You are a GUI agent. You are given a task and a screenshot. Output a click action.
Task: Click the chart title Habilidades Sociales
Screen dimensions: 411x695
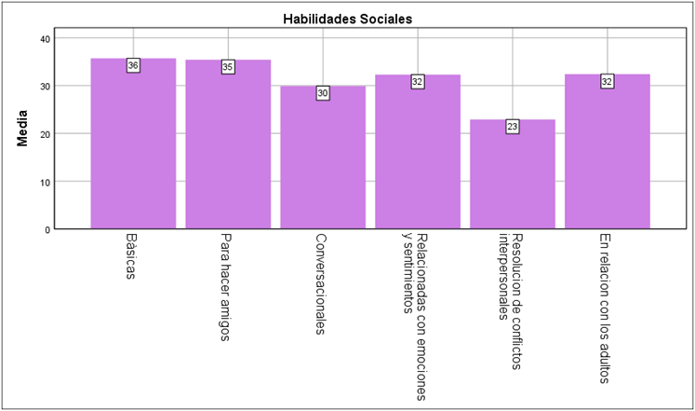tap(347, 18)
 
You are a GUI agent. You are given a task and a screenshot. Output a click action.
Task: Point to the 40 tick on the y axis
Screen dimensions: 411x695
tap(45, 38)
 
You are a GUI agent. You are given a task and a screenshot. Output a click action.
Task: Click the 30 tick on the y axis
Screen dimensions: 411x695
tap(45, 86)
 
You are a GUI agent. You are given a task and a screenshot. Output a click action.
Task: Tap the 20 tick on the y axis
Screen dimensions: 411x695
tap(45, 133)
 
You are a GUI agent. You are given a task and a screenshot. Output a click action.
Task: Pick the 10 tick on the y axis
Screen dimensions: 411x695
tap(45, 182)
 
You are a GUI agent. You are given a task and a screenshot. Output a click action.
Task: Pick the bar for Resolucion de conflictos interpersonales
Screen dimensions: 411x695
tap(513, 177)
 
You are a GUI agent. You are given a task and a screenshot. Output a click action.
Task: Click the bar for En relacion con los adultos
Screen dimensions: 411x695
tap(608, 154)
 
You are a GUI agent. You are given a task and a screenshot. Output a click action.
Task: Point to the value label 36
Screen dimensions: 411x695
tap(133, 66)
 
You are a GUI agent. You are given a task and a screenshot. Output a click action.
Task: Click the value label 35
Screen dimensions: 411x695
tap(228, 67)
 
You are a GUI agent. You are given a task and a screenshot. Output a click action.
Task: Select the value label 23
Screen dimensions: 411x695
tap(513, 127)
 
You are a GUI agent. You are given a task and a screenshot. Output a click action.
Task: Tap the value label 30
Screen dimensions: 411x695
tap(323, 93)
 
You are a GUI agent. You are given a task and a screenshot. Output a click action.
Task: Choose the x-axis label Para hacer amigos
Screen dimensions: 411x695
tap(226, 287)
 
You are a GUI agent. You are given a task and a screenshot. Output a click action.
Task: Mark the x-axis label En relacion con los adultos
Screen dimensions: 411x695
tap(606, 308)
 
